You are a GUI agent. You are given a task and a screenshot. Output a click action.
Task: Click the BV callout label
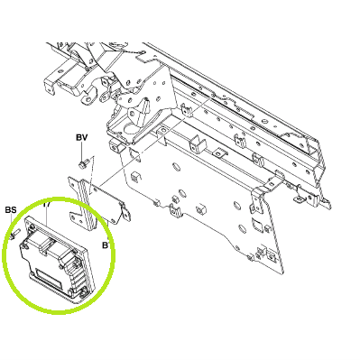click(81, 138)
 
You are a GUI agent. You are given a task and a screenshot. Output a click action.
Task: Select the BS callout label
click(11, 210)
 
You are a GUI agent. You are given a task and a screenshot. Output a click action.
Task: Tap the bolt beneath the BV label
click(82, 164)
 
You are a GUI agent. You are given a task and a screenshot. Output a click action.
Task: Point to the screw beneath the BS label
click(14, 235)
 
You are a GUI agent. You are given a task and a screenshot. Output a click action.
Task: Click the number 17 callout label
click(46, 205)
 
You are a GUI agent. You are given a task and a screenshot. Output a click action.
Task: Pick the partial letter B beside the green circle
click(105, 245)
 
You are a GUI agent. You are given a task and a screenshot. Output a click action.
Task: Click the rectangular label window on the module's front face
click(47, 277)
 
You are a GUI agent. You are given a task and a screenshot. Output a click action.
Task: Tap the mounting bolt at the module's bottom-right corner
click(83, 292)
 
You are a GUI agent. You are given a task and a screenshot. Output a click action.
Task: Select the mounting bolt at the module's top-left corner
click(31, 228)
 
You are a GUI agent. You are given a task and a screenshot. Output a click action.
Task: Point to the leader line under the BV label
click(81, 152)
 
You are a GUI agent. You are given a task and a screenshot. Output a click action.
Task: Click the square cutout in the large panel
click(256, 223)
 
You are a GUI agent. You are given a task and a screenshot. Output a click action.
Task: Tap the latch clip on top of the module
click(45, 245)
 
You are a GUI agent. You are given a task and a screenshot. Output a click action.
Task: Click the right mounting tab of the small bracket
click(125, 214)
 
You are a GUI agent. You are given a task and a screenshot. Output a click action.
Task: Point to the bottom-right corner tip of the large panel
click(283, 272)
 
